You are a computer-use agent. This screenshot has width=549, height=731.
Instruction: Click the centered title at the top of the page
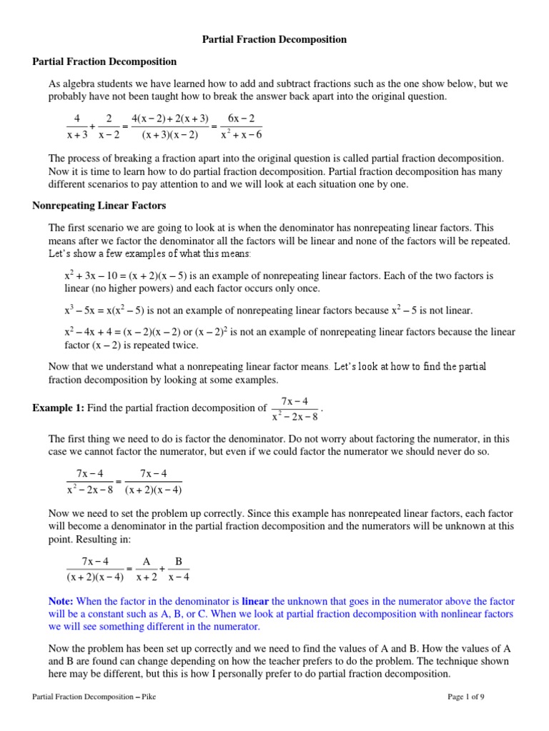pyautogui.click(x=275, y=40)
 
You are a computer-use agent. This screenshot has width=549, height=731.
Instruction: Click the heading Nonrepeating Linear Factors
pyautogui.click(x=99, y=206)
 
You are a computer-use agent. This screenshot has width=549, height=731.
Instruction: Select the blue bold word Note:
pyautogui.click(x=61, y=602)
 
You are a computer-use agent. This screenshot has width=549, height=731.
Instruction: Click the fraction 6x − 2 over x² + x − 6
pyautogui.click(x=242, y=126)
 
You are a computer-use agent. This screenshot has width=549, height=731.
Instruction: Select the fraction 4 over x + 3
pyautogui.click(x=74, y=126)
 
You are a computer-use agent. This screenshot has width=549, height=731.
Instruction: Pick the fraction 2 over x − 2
pyautogui.click(x=109, y=126)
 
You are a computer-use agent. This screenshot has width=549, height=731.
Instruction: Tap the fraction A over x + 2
pyautogui.click(x=146, y=569)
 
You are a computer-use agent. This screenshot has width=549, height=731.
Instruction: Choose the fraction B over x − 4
pyautogui.click(x=179, y=569)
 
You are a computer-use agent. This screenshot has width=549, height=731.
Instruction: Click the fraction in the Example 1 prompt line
pyautogui.click(x=295, y=408)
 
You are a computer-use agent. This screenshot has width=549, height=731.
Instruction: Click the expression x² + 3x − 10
pyautogui.click(x=92, y=276)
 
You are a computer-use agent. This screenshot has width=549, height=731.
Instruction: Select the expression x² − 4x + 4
pyautogui.click(x=90, y=333)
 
